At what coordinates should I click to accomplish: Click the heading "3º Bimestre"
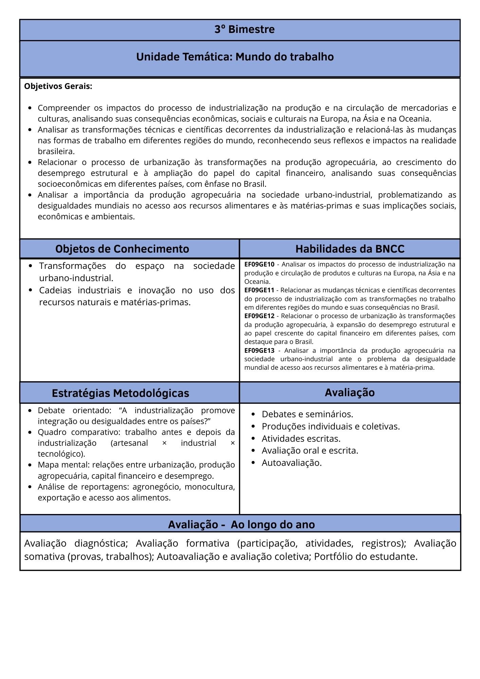coord(244,30)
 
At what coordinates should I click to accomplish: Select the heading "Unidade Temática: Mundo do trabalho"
coord(235,57)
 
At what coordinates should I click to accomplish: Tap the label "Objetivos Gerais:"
coord(58,87)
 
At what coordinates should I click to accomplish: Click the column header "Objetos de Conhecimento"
coord(122,249)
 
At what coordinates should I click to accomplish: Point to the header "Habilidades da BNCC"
coord(350,249)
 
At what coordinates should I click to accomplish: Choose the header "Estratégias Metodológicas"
coord(121,393)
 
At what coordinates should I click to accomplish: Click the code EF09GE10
coord(259,264)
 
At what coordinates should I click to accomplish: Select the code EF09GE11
coord(259,290)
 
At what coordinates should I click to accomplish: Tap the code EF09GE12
coord(259,316)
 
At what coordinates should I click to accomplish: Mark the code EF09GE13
coord(259,351)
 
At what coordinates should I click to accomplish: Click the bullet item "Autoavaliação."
coord(292,463)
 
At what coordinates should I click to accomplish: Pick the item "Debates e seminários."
coord(307,414)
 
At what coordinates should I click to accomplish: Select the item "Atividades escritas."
coord(301,439)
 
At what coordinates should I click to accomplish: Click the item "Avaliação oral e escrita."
coord(310,451)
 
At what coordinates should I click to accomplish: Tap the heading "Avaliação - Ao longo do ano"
coord(241,525)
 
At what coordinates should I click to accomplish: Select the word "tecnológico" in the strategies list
coord(60,454)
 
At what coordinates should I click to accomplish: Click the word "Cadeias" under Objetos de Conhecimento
coord(55,291)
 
